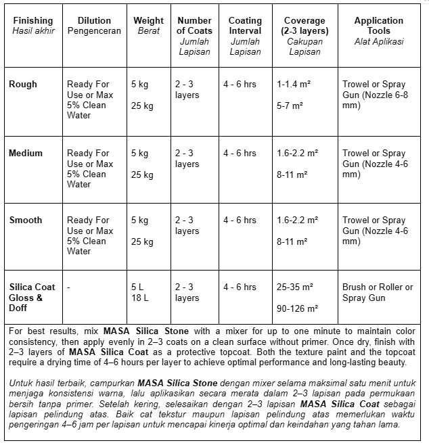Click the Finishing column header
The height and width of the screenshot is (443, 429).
coord(32,26)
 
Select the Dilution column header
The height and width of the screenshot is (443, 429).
coord(94,26)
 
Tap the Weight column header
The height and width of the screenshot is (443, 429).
coord(148,26)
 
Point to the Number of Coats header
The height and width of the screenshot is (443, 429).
coord(194,30)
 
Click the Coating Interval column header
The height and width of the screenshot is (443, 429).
coord(245,30)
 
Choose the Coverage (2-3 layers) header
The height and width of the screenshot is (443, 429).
coord(304,30)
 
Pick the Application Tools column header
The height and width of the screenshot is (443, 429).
coord(379,26)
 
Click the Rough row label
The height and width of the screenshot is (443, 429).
coord(23,85)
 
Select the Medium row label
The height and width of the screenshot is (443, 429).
coord(26,153)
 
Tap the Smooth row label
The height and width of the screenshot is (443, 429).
coord(26,220)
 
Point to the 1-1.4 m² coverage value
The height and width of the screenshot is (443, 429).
coord(294,85)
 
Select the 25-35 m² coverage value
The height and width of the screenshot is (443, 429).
coord(295,287)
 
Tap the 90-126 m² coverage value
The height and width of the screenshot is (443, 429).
coord(298,308)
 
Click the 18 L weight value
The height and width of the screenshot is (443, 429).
coord(140,298)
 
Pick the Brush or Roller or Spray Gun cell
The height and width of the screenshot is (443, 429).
coord(377,292)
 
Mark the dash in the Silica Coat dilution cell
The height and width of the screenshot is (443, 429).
coord(69,287)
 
